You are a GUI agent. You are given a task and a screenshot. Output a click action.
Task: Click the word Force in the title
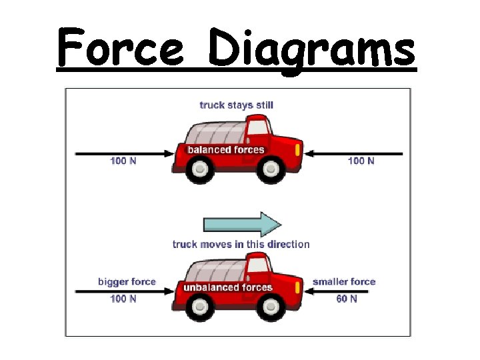point(120,48)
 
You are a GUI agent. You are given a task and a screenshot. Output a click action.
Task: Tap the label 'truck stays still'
point(236,105)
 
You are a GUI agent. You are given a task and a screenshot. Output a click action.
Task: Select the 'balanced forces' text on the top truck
point(226,149)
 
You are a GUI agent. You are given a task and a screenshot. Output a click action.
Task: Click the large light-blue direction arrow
point(242,224)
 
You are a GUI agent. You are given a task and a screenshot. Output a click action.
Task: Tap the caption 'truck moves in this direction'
point(241,244)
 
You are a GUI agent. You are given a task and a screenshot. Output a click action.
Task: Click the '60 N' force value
point(346,299)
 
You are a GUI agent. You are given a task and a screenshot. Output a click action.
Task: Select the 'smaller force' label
point(344,281)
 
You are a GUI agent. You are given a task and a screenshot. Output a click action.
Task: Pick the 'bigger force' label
point(126,281)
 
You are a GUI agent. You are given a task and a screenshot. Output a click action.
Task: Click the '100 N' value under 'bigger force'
point(123,299)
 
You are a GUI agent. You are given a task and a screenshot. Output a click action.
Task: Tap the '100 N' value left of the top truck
point(123,161)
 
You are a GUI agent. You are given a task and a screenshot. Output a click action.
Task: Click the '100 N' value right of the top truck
point(361,161)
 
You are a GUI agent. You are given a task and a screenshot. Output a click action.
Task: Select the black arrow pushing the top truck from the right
point(354,153)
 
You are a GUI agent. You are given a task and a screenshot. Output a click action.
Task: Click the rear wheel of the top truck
point(199,170)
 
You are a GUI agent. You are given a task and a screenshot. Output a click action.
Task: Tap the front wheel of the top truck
point(271,171)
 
